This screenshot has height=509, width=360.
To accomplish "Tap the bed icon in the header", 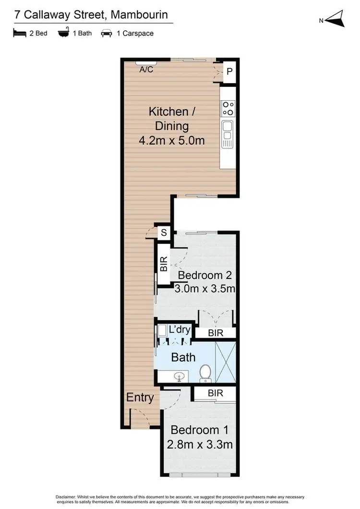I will coord(19,33).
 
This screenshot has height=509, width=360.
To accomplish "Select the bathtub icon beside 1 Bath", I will coord(63,33).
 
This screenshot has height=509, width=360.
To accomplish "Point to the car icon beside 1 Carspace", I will coord(106,33).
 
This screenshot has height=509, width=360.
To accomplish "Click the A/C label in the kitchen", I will coord(146,70).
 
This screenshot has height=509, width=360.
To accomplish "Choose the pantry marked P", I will coord(229,72).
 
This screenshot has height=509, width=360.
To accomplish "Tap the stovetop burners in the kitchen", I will coord(228,109).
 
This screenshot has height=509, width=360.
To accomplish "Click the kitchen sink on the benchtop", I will coord(227,128).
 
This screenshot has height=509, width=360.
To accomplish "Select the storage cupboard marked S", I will coord(164,233).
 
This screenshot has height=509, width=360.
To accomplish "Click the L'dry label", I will coord(180,330).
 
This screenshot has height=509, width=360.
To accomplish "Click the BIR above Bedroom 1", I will coord(215,393).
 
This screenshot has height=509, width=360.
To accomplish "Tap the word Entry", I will coord(140,397).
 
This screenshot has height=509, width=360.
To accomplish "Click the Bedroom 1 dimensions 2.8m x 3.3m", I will coord(200,445).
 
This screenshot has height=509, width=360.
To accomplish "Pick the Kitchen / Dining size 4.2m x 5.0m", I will coord(171,141).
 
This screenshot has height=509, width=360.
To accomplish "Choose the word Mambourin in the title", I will coord(139,14).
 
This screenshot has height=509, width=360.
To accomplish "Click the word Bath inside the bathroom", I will coord(183,357).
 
